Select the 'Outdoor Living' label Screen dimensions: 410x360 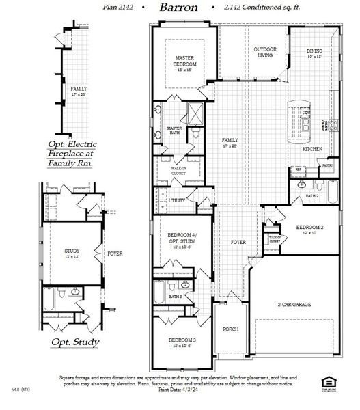click(x=265, y=53)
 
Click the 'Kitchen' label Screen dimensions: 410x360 click(x=312, y=149)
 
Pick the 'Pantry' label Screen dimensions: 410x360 click(x=327, y=165)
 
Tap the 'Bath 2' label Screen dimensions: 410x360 click(x=312, y=196)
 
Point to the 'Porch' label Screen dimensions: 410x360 click(x=231, y=329)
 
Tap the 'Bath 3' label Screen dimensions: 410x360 click(x=176, y=297)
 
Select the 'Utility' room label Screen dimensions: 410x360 click(x=176, y=200)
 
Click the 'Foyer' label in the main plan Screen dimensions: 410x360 click(x=237, y=242)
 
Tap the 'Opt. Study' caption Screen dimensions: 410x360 click(x=74, y=342)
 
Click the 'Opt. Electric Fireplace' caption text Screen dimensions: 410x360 click(x=72, y=154)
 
